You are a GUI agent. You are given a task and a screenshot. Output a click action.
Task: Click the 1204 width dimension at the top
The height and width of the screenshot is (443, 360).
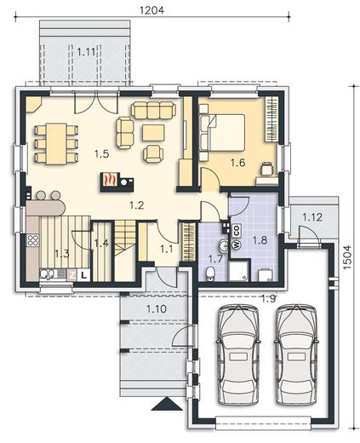[152, 10]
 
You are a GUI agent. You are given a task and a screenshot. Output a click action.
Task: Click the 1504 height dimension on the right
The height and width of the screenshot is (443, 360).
[347, 257]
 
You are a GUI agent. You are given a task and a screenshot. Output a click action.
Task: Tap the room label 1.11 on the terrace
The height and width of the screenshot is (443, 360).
[86, 52]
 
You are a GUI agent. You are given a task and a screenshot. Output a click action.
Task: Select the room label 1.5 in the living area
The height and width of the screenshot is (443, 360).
[102, 154]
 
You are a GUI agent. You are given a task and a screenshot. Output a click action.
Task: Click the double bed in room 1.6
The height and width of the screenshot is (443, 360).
[222, 132]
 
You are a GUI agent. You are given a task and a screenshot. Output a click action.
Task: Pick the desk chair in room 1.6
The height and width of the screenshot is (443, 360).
[267, 168]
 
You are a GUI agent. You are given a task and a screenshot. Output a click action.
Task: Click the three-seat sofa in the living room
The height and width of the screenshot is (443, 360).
[153, 110]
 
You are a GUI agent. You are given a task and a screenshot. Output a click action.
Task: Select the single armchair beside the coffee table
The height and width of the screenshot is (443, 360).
[153, 153]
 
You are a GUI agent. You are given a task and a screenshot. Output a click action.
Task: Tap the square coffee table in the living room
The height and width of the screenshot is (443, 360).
[153, 133]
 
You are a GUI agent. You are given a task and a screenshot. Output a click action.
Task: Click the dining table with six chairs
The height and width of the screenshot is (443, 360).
[56, 144]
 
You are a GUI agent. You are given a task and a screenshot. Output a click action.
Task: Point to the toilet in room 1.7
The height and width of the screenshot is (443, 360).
[210, 273]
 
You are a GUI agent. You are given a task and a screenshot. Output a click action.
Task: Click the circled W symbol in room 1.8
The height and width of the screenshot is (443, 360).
[236, 244]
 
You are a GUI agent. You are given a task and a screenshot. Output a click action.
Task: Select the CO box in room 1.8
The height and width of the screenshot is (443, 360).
[237, 231]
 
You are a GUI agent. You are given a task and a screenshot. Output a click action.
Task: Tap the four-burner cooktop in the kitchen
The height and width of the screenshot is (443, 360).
[33, 240]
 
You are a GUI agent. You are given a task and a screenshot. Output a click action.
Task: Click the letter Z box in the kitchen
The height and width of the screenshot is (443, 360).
[72, 275]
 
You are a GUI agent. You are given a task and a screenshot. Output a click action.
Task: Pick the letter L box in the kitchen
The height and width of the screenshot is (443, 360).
[83, 275]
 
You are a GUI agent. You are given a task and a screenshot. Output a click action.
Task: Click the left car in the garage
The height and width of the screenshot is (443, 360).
[238, 354]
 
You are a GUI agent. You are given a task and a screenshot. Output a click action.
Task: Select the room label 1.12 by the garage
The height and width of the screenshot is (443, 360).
[312, 217]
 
